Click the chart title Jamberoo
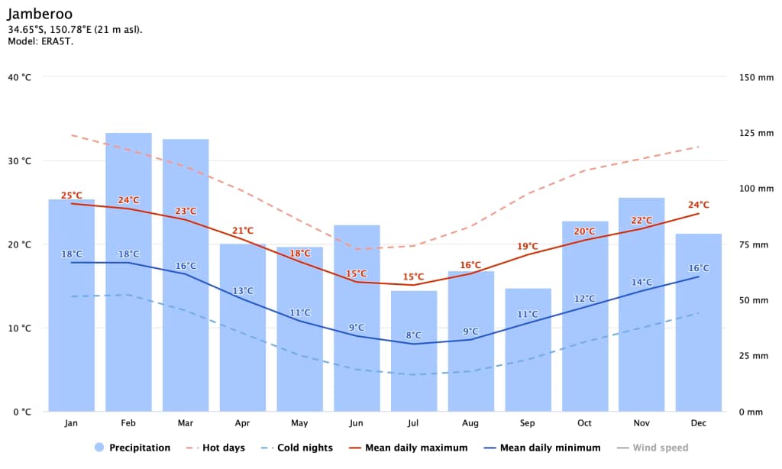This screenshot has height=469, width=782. point(40,14)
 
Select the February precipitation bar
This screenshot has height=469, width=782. point(128,272)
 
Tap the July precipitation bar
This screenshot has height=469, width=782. point(414,351)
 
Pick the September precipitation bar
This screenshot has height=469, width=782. point(528,350)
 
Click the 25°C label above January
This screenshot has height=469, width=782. point(71,195)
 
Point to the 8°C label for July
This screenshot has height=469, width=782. point(413,335)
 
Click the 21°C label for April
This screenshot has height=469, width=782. point(243,231)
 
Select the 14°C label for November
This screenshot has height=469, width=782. point(641,282)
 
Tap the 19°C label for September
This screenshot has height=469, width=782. point(528,246)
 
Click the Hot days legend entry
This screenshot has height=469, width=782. point(215,448)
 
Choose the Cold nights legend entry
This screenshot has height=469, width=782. point(296,448)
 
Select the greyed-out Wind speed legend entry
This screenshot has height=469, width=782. point(652,448)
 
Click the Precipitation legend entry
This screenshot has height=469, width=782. point(132,448)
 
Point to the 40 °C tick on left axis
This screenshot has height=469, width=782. point(19,77)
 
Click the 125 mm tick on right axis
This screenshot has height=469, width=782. point(756,133)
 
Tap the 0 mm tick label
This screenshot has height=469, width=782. point(751,412)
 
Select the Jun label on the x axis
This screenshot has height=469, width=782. point(356,423)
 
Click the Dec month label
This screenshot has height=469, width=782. point(699,423)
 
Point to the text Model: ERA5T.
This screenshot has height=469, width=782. point(40,41)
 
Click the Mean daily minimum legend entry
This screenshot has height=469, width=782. point(542,448)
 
